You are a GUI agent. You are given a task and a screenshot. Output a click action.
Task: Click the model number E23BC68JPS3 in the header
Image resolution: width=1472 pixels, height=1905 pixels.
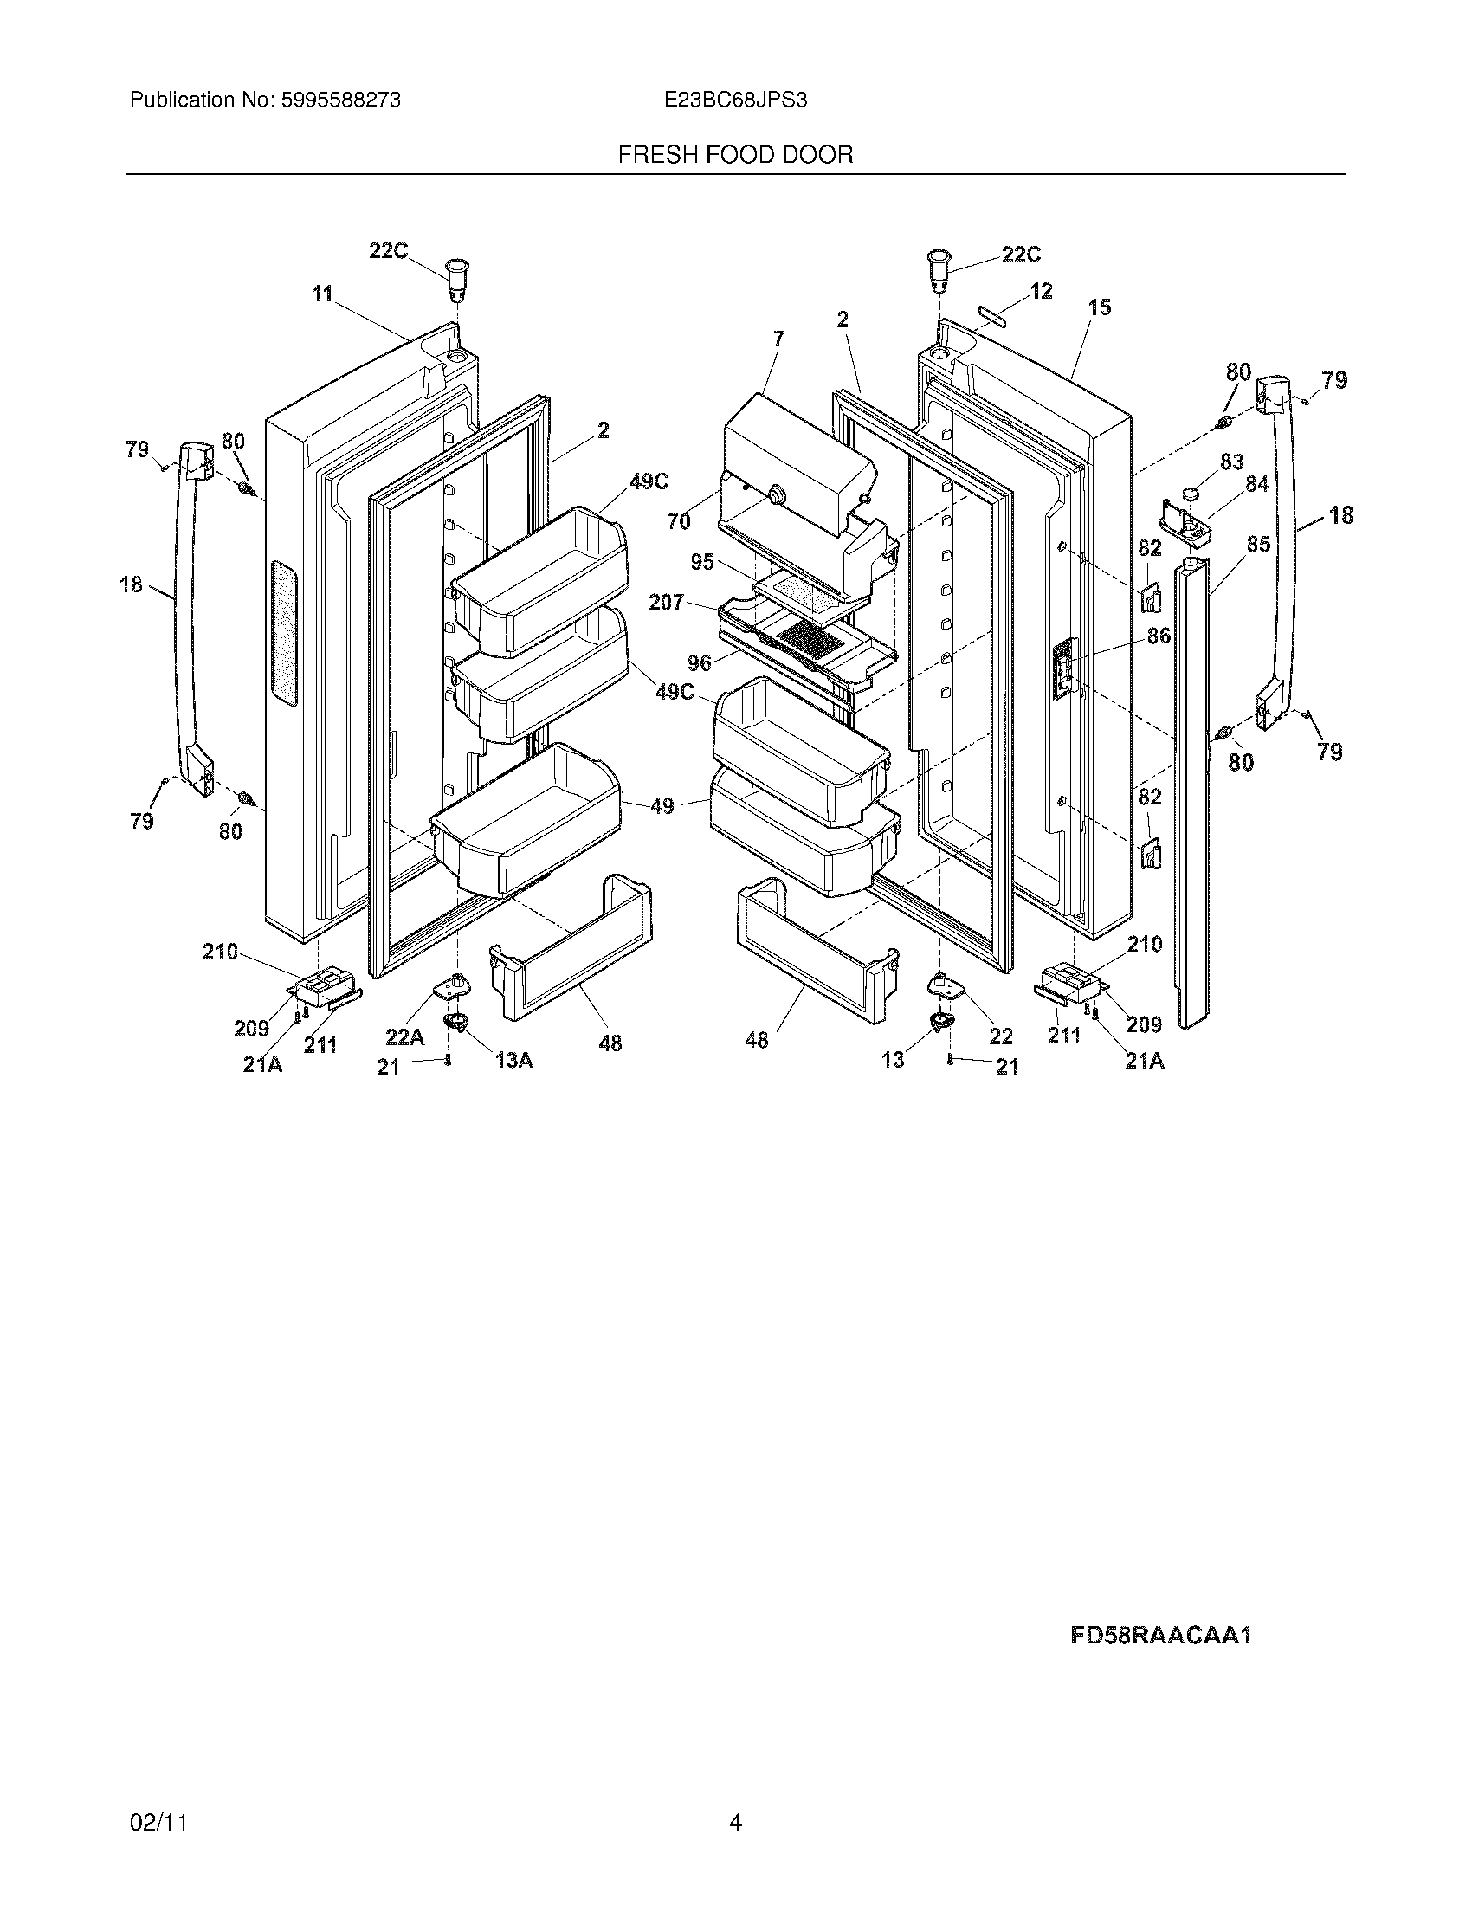pyautogui.click(x=735, y=100)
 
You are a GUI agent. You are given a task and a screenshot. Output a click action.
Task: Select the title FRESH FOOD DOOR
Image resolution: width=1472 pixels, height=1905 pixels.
pyautogui.click(x=735, y=155)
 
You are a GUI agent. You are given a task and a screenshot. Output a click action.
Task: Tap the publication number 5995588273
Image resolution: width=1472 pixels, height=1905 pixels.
pyautogui.click(x=340, y=100)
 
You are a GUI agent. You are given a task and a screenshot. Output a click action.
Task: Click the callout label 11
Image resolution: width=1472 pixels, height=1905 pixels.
pyautogui.click(x=323, y=294)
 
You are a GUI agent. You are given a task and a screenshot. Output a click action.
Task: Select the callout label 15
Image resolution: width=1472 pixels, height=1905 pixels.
pyautogui.click(x=1100, y=307)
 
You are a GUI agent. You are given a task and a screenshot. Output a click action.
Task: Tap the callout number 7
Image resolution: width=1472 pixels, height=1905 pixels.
pyautogui.click(x=778, y=338)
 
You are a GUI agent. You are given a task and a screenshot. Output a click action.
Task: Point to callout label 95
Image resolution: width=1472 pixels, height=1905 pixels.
pyautogui.click(x=702, y=563)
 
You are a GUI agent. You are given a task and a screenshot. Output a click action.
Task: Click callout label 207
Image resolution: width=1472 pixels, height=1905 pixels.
pyautogui.click(x=666, y=602)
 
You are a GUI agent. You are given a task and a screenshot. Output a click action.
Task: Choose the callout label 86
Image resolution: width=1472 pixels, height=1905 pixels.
pyautogui.click(x=1158, y=636)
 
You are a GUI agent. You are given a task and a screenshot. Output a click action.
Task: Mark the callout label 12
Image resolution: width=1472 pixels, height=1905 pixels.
pyautogui.click(x=1041, y=290)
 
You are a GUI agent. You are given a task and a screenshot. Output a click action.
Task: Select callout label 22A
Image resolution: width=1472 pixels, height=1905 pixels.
pyautogui.click(x=405, y=1036)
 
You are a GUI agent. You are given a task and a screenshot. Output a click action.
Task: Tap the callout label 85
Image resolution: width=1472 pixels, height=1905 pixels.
pyautogui.click(x=1257, y=545)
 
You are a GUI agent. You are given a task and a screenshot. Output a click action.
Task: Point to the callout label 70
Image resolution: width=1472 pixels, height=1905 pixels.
pyautogui.click(x=679, y=521)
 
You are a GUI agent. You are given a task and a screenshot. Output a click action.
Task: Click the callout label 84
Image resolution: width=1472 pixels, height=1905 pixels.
pyautogui.click(x=1256, y=484)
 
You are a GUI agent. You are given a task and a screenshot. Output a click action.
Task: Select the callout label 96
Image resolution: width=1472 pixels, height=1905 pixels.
pyautogui.click(x=699, y=663)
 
